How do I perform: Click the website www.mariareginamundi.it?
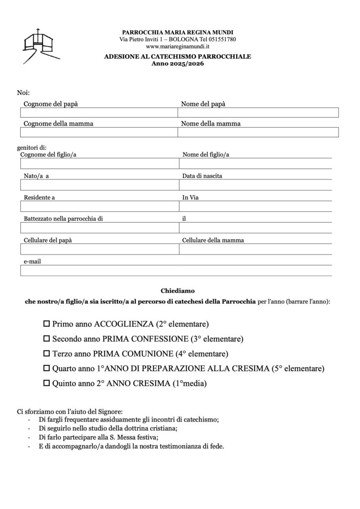pos(178,46)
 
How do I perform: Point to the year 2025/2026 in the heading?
pos(178,64)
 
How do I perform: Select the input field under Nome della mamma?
pos(258,132)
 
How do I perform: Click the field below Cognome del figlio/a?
pos(99,164)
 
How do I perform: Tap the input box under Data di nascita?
pos(255,185)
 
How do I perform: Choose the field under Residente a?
pos(99,206)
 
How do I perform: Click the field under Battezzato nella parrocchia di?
pos(99,228)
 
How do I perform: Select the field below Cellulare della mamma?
pos(255,249)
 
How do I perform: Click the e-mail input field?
pos(176,270)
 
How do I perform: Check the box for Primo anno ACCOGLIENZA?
pos(47,324)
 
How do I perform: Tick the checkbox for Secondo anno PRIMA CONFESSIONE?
pos(47,339)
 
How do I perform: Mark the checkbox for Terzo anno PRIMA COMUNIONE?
pos(47,354)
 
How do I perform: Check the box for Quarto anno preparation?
pos(47,369)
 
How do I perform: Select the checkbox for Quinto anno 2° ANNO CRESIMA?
pos(47,384)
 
